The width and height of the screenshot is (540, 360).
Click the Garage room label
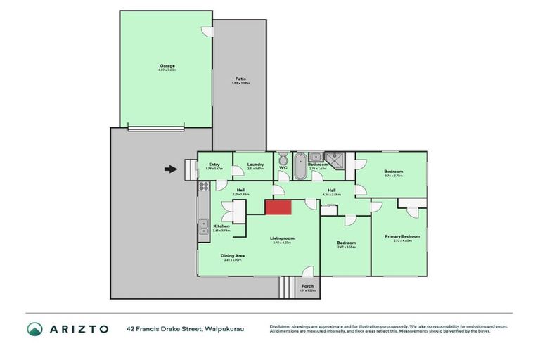coord(167,66)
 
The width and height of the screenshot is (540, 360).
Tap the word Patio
coord(240,79)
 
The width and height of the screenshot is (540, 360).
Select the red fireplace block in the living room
coord(278,209)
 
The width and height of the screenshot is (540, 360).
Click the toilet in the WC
coord(283,160)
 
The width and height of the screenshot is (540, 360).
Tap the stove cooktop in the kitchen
coord(203,187)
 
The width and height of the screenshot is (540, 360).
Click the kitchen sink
coord(203,229)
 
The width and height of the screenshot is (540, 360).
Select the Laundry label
coord(255,165)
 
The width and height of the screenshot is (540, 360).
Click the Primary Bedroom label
coord(402,236)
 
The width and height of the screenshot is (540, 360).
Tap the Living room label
coord(283,238)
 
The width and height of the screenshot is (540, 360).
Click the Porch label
coord(307,286)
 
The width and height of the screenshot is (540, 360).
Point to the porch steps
coord(287,288)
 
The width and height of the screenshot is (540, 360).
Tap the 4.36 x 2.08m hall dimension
coord(330,195)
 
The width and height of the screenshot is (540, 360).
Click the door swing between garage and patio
coord(207,32)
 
